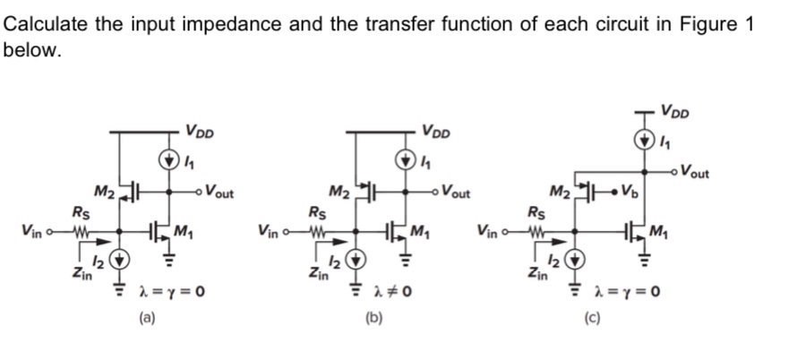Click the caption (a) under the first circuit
click(x=143, y=315)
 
